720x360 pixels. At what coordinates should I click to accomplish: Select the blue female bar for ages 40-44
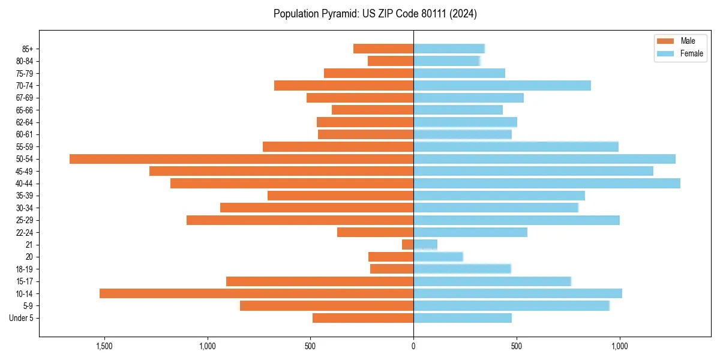pyautogui.click(x=547, y=184)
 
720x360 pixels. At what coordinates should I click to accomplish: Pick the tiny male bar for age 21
pyautogui.click(x=407, y=245)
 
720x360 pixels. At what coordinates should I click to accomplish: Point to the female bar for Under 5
pyautogui.click(x=463, y=318)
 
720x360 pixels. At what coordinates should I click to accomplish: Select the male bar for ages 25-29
pyautogui.click(x=300, y=220)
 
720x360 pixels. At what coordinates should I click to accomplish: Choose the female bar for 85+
pyautogui.click(x=449, y=49)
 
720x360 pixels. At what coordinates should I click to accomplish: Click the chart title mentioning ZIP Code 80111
pyautogui.click(x=375, y=14)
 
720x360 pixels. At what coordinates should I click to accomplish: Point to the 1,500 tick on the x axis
pyautogui.click(x=104, y=346)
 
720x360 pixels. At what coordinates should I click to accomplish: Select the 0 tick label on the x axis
pyautogui.click(x=413, y=346)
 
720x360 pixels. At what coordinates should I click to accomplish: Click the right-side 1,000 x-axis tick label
pyautogui.click(x=619, y=346)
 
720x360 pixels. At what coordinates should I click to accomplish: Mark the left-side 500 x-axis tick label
pyautogui.click(x=310, y=346)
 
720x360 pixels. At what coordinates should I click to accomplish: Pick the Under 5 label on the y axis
pyautogui.click(x=21, y=318)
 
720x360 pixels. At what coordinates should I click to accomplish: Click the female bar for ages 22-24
pyautogui.click(x=470, y=232)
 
